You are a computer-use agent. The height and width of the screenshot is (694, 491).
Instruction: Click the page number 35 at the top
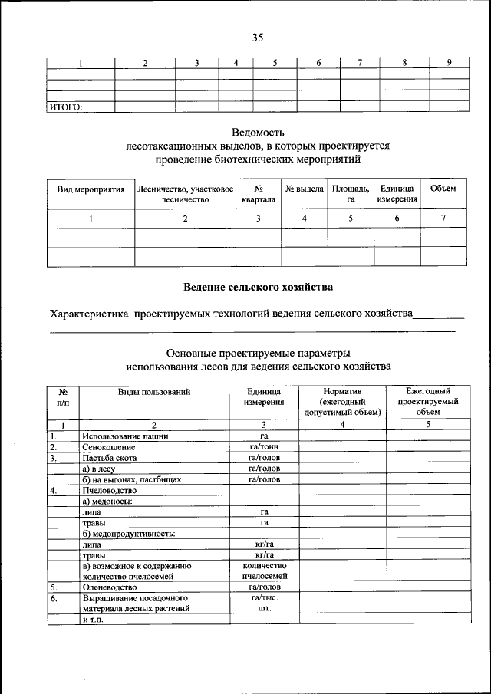coord(258,38)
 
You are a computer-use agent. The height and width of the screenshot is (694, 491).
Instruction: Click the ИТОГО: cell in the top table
coord(66,107)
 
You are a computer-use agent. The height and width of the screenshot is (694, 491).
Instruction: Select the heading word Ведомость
coord(258,132)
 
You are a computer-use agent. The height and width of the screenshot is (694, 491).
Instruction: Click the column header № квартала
coord(259,194)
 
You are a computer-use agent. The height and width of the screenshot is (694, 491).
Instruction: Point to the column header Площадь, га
coord(350,194)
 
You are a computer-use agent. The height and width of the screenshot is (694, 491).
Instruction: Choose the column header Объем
coord(443,189)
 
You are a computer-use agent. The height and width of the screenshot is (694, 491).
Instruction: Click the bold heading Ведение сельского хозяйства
coord(258,288)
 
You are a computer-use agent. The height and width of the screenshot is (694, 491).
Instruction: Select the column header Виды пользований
coord(154,391)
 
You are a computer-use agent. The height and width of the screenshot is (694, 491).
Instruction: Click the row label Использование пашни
coord(125,436)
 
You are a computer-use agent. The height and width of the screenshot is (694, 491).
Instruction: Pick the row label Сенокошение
coord(109,447)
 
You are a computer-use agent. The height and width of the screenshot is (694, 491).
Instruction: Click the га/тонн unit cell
coord(263,447)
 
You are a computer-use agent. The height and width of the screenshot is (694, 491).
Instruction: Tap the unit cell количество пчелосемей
coord(263,570)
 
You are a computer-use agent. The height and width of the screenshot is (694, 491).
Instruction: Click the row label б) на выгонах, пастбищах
coord(131,479)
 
